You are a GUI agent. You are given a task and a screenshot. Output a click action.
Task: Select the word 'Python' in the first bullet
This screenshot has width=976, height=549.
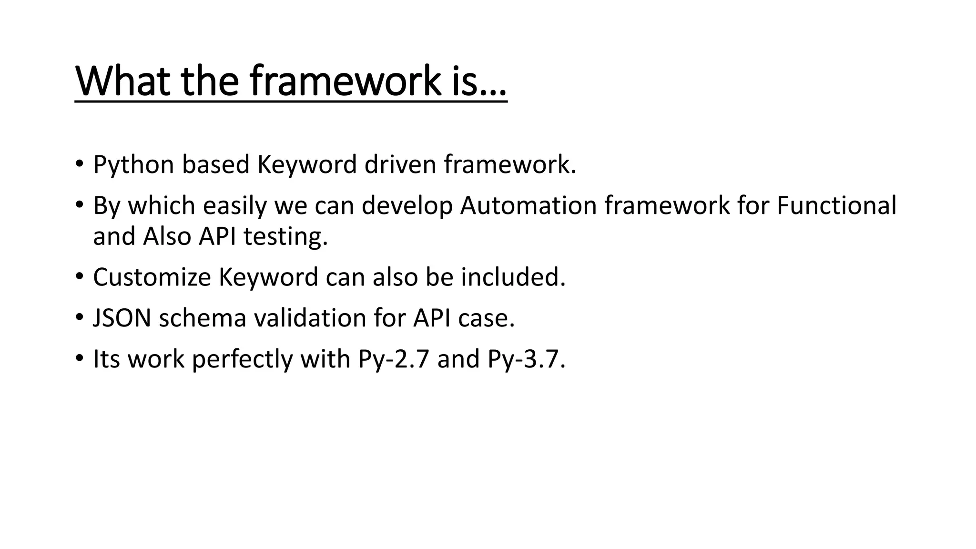pyautogui.click(x=133, y=165)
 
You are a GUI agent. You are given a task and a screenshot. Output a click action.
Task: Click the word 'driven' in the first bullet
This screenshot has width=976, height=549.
pyautogui.click(x=400, y=164)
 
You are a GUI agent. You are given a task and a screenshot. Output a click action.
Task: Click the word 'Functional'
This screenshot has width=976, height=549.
pyautogui.click(x=836, y=206)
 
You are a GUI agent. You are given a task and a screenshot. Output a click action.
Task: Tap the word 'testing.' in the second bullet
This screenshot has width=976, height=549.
pyautogui.click(x=285, y=236)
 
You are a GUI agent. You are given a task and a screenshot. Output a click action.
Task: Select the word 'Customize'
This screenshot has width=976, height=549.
pyautogui.click(x=152, y=277)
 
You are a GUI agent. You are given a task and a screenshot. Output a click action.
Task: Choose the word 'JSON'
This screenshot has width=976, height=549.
pyautogui.click(x=122, y=318)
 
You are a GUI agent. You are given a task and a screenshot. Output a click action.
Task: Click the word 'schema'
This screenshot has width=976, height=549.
pyautogui.click(x=202, y=318)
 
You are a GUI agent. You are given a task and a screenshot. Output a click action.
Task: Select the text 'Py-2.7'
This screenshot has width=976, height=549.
pyautogui.click(x=394, y=359)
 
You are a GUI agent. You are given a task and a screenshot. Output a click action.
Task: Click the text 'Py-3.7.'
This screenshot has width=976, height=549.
pyautogui.click(x=526, y=359)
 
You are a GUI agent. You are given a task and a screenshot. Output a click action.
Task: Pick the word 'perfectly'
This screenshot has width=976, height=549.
pyautogui.click(x=242, y=359)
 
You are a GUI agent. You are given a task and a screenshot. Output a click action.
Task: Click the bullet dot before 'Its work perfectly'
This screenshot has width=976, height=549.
pyautogui.click(x=79, y=358)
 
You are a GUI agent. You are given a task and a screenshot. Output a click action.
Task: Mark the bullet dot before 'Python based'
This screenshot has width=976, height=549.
pyautogui.click(x=79, y=164)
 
